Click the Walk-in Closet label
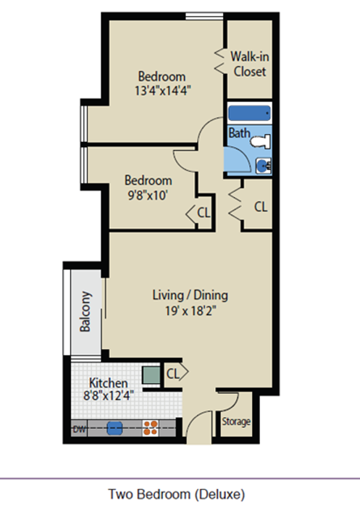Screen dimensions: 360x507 point(250,64)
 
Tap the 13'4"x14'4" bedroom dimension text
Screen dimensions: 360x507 point(162,91)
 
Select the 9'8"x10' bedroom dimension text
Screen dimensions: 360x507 point(148,195)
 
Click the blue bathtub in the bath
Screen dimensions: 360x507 point(249,113)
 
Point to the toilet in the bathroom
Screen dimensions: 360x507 point(261,141)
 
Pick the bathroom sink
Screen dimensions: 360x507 point(264,166)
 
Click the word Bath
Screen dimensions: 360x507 point(239,133)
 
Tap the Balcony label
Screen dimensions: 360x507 point(85,311)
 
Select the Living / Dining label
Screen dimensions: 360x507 point(191,296)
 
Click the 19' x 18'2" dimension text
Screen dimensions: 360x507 point(191,311)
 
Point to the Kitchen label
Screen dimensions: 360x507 point(109,383)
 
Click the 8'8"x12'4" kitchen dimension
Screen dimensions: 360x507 point(109,395)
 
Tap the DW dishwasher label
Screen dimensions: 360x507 point(79,430)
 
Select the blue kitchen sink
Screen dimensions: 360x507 point(114,428)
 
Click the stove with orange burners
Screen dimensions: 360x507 point(151,427)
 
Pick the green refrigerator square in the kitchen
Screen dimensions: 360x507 point(151,375)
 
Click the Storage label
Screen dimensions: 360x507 point(236,422)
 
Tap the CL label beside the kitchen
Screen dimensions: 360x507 point(172,374)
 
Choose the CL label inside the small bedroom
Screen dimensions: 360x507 point(204,213)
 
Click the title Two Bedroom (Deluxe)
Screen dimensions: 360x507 point(176,495)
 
